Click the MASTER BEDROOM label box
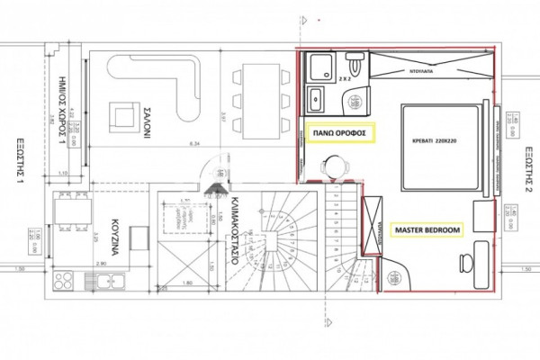[427, 230]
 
